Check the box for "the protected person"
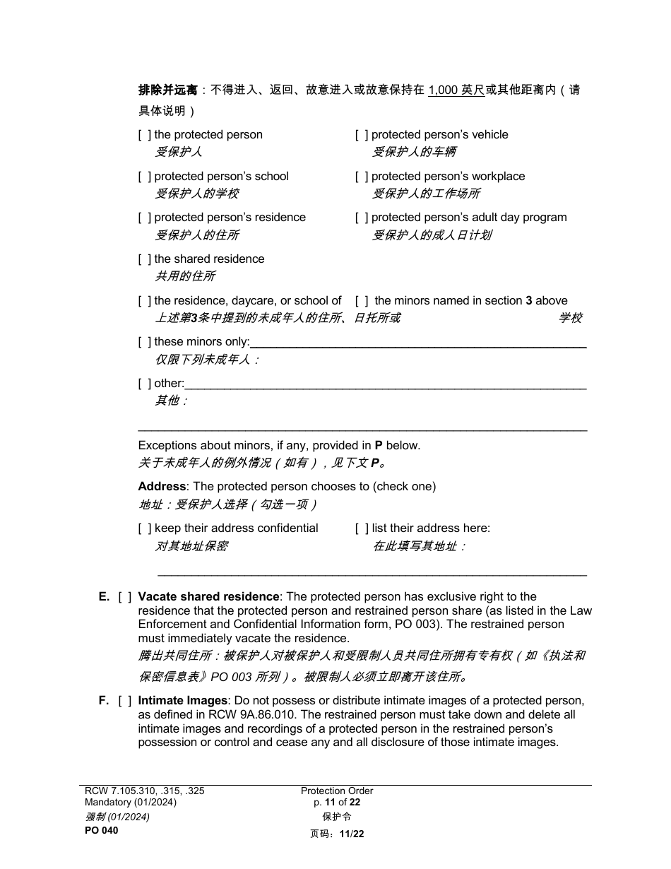pos(145,135)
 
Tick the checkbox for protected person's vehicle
pos(362,135)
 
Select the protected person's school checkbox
pos(145,177)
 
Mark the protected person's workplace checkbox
pos(362,177)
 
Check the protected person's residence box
pos(145,218)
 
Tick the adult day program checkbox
pos(362,218)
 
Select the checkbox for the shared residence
pos(145,259)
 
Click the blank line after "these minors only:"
pos(418,343)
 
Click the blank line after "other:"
pos(385,385)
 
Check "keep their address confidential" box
pos(145,528)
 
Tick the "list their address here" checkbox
pos(362,528)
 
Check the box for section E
pos(125,597)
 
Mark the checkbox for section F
pos(125,701)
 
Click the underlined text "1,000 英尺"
pos(456,90)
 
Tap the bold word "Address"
pos(162,487)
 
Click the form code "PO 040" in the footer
pos(102,831)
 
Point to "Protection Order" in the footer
pos(337,791)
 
